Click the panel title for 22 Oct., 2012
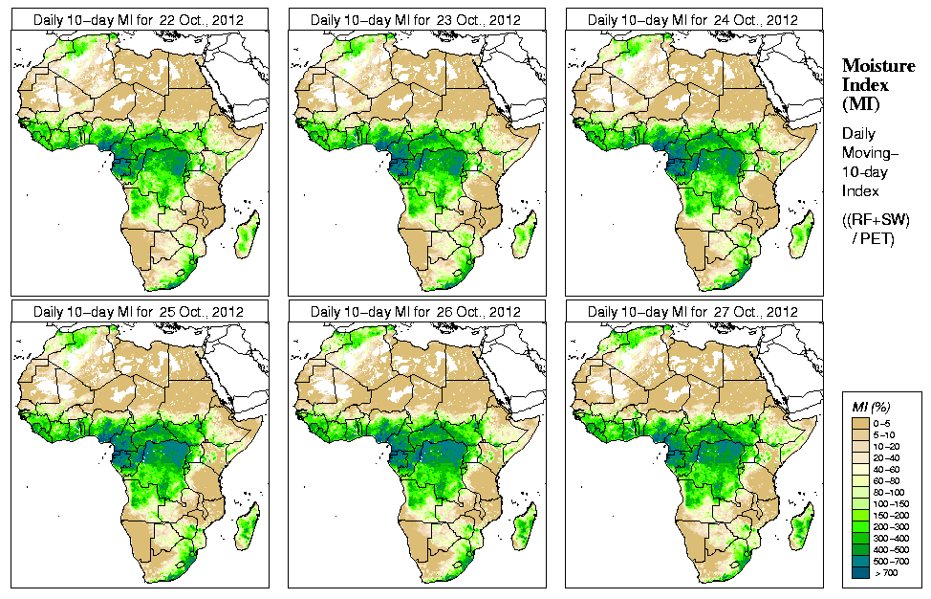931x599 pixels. pos(139,19)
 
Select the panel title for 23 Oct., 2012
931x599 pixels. pos(416,19)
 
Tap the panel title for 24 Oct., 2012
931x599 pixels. pos(693,19)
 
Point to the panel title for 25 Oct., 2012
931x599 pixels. pos(139,312)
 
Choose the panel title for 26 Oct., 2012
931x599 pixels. pos(416,312)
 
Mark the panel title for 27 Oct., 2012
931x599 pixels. pos(693,312)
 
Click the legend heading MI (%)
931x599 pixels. pos(867,408)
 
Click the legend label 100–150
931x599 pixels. pos(891,502)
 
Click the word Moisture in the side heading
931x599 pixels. pos(873,65)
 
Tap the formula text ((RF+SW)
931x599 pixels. pos(876,220)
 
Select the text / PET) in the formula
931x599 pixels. pos(874,237)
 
